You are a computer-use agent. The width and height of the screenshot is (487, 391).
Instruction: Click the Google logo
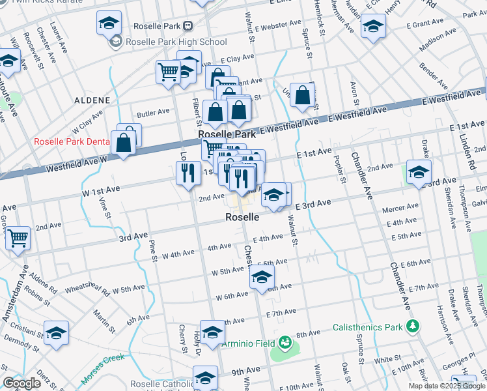coord(21,383)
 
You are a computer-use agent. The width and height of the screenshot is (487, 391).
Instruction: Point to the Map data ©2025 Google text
coord(447,386)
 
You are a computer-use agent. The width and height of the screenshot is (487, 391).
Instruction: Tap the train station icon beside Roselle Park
coord(188,26)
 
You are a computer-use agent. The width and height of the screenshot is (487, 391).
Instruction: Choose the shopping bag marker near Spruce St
coord(303,95)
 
